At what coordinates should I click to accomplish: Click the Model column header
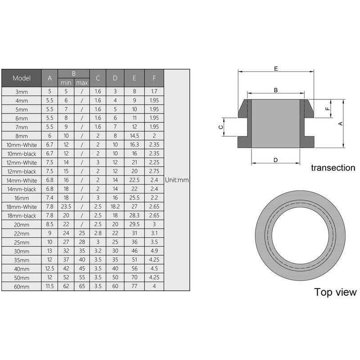[x=22, y=78]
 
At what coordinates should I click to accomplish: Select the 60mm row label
[x=21, y=286]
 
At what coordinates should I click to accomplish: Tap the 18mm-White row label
[x=21, y=207]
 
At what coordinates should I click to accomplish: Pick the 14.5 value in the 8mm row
[x=134, y=136]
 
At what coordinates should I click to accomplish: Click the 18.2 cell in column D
[x=115, y=207]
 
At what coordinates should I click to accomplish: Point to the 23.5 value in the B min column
[x=66, y=207]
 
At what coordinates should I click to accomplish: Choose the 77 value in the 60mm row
[x=134, y=286]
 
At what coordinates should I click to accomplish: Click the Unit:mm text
[x=176, y=180]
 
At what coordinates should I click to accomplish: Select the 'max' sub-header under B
[x=82, y=82]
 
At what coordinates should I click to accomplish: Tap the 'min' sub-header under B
[x=66, y=82]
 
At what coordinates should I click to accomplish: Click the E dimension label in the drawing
[x=275, y=68]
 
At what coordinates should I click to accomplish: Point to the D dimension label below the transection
[x=275, y=160]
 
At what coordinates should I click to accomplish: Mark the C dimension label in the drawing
[x=220, y=127]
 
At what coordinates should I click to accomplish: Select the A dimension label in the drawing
[x=340, y=123]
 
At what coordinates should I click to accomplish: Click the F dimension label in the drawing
[x=328, y=108]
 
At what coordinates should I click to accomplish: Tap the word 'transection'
[x=333, y=168]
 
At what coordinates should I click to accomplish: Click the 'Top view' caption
[x=335, y=292]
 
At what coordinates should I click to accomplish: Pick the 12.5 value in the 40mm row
[x=49, y=269]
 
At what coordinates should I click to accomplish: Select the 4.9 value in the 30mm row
[x=154, y=251]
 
